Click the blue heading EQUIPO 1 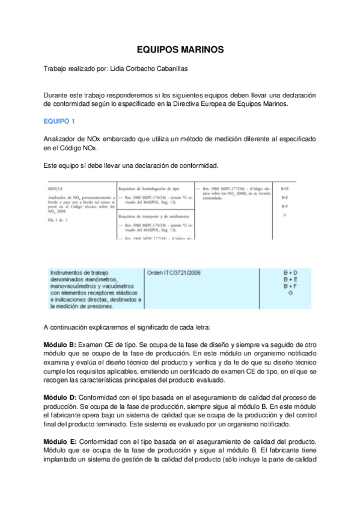(59, 121)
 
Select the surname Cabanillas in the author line (169, 69)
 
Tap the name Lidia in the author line (120, 69)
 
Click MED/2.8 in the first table (56, 189)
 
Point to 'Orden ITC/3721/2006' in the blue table (174, 272)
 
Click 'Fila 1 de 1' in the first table (57, 220)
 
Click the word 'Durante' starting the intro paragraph (56, 95)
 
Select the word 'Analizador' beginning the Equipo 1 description (59, 139)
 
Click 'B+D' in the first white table (285, 189)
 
